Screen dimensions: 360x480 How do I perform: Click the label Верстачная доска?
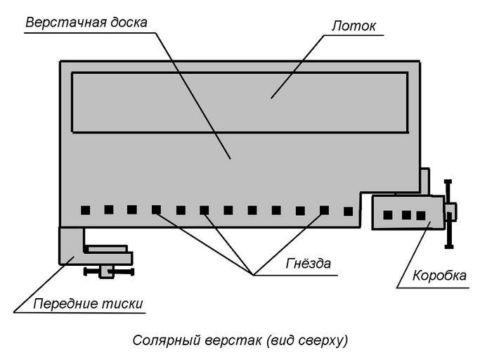86,22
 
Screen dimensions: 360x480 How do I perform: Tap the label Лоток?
353,26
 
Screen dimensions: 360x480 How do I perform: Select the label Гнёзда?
308,264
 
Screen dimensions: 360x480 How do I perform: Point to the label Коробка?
439,276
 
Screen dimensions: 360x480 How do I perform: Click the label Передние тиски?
88,304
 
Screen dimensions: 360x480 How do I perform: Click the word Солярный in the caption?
160,341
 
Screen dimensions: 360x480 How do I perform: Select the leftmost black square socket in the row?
85,210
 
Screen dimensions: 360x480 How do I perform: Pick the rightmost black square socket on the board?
348,210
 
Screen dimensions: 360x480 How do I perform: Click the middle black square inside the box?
406,215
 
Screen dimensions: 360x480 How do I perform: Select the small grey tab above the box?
424,180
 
